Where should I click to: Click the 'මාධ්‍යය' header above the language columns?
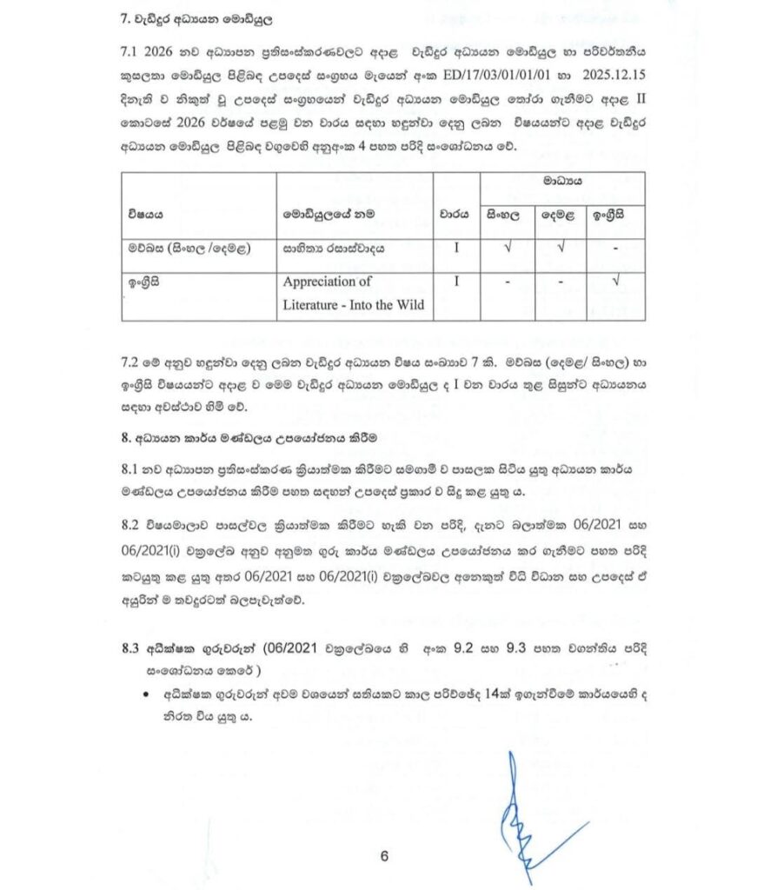pyautogui.click(x=561, y=182)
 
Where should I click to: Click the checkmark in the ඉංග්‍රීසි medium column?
pyautogui.click(x=616, y=281)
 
